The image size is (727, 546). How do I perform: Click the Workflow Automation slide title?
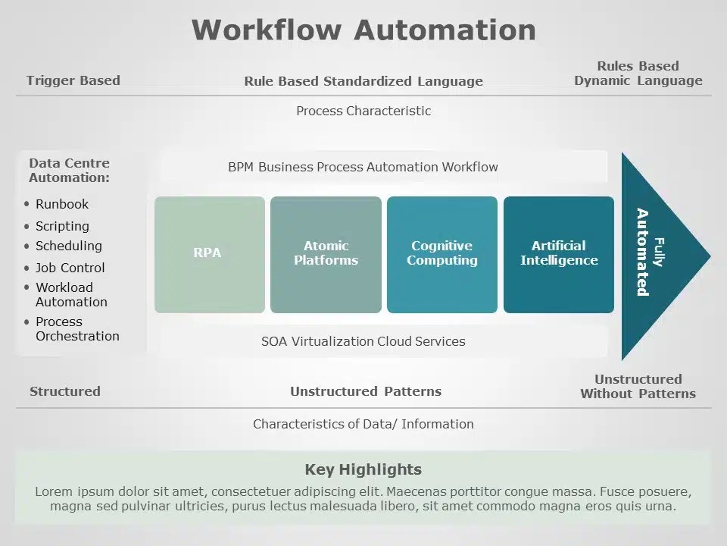[x=363, y=30]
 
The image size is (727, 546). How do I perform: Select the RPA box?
[x=210, y=254]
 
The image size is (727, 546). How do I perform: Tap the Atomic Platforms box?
[x=326, y=254]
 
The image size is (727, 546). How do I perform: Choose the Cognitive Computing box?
[x=442, y=254]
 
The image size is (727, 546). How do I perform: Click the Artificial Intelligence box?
[x=559, y=254]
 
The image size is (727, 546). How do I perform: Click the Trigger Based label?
[x=73, y=80]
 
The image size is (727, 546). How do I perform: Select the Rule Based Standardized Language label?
[x=363, y=81]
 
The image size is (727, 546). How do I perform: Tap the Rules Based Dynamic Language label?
[x=638, y=74]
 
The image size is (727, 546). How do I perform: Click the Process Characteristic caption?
[x=363, y=111]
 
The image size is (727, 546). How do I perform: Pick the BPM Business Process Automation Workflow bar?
[x=363, y=167]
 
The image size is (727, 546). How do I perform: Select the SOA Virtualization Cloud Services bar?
[x=363, y=341]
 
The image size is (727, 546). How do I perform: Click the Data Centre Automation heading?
[x=69, y=171]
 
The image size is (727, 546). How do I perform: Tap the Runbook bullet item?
[x=62, y=204]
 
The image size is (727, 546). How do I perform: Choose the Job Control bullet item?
[x=70, y=268]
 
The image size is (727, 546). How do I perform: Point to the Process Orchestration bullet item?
[x=77, y=329]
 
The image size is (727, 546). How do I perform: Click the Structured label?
[x=65, y=391]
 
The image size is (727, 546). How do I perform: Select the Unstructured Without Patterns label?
[x=638, y=386]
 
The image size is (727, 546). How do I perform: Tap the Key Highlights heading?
[x=363, y=469]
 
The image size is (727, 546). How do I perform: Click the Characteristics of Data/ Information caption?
[x=363, y=424]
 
